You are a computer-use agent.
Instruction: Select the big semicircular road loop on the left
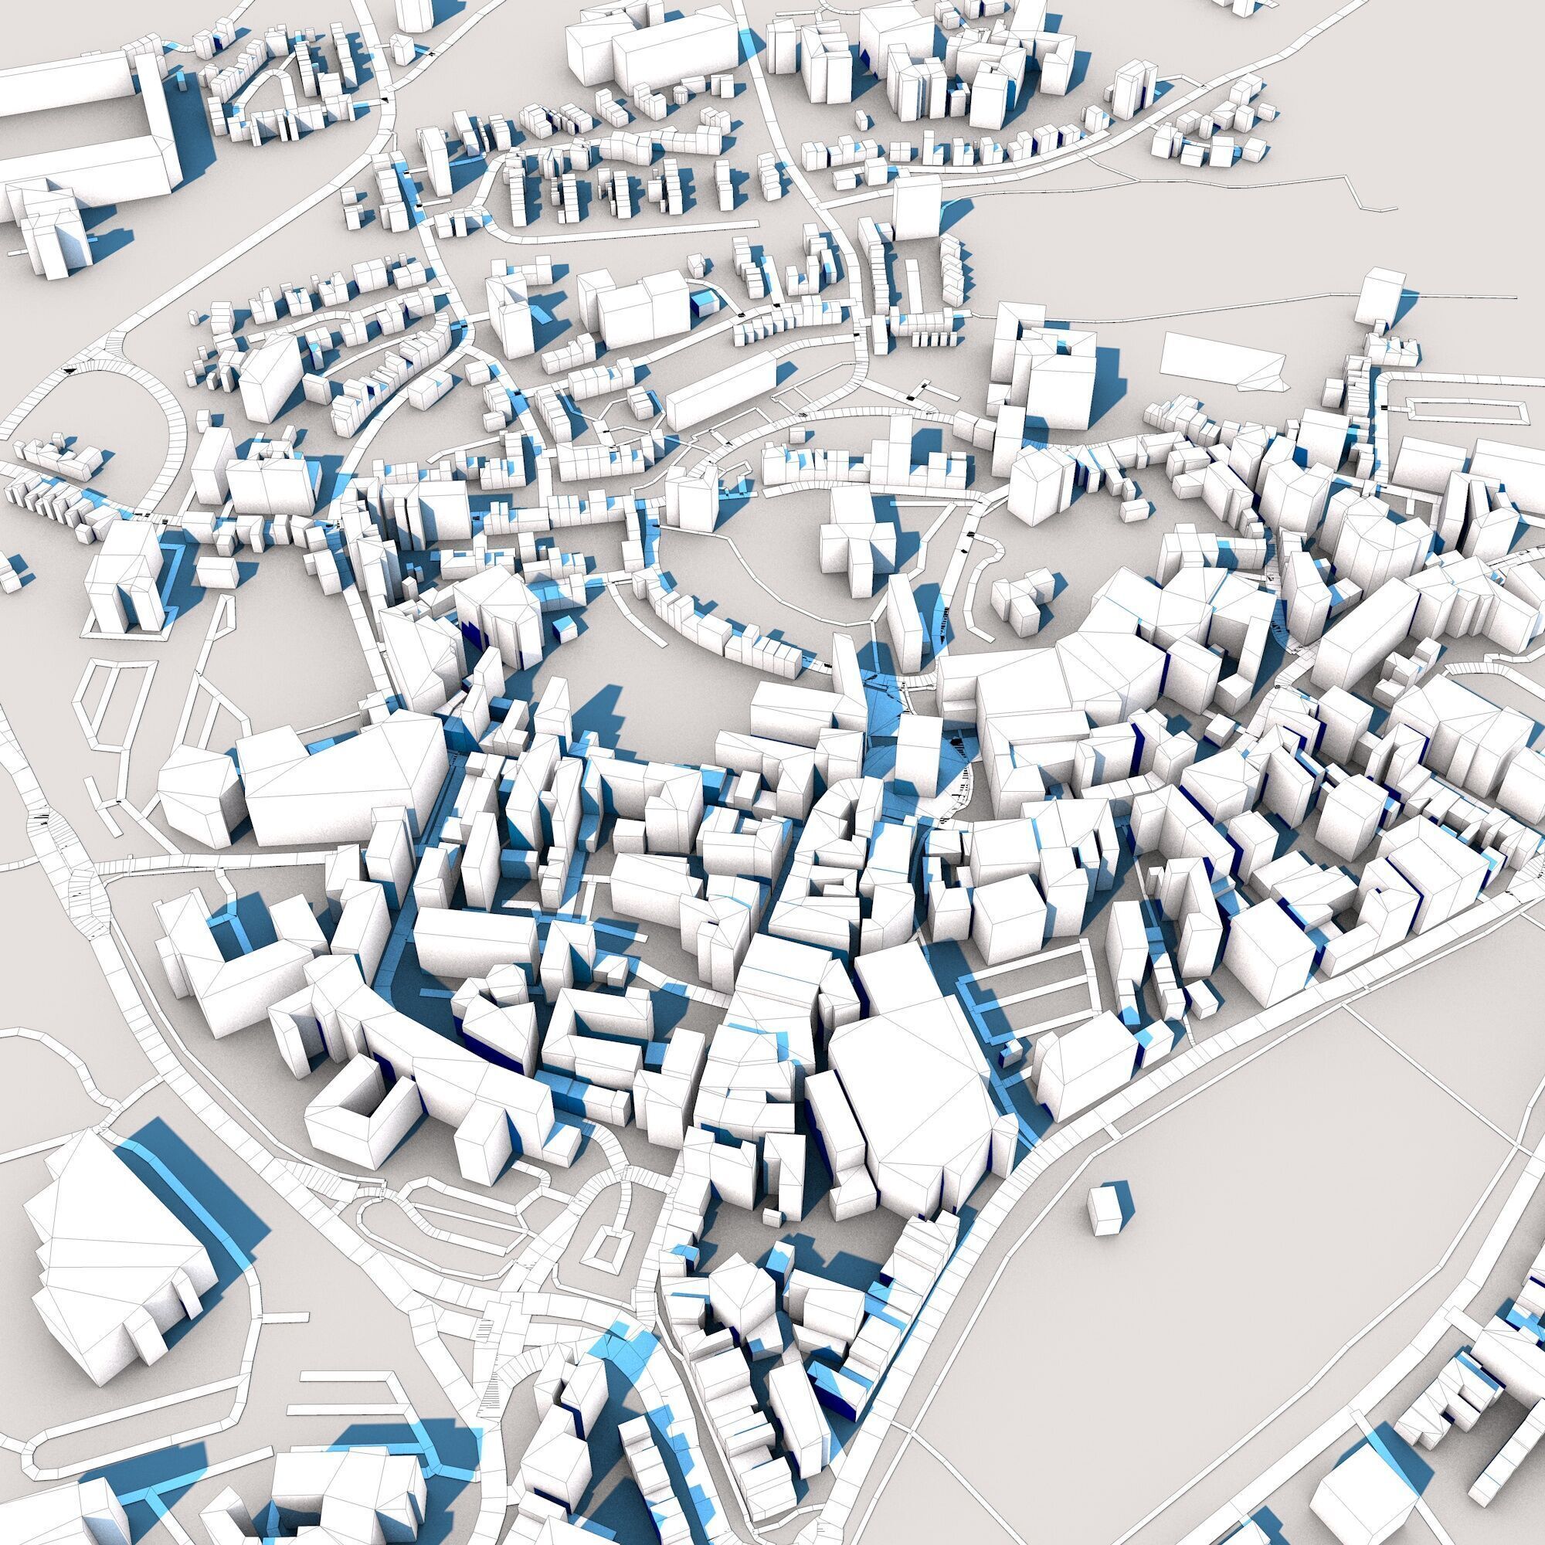pos(152,400)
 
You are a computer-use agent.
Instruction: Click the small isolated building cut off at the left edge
pos(9,572)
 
